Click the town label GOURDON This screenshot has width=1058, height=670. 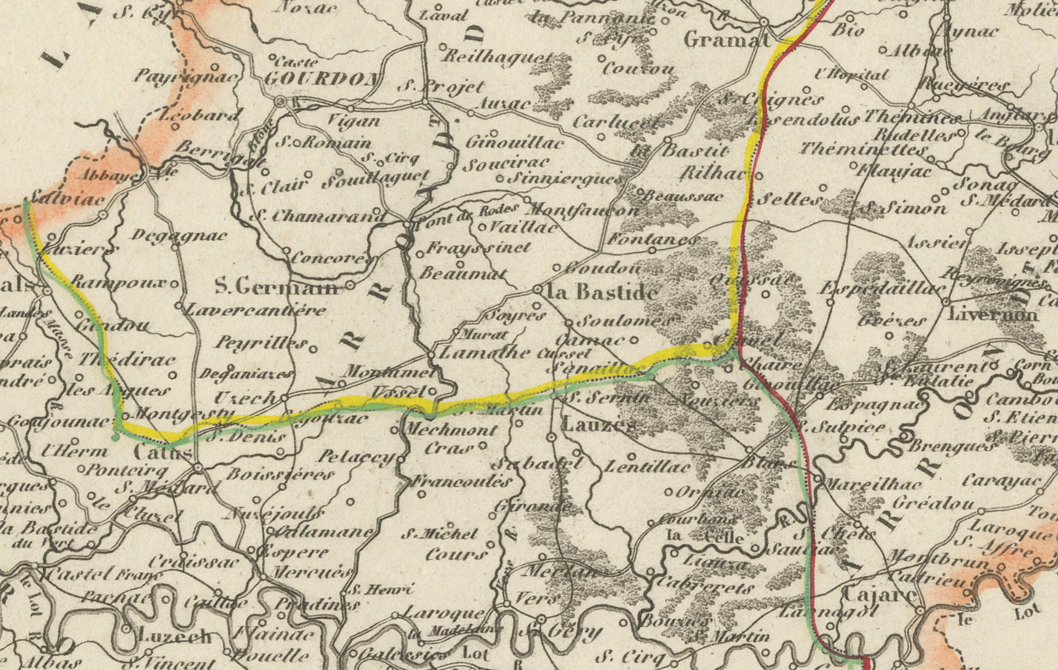(322, 79)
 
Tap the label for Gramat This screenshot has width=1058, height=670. (727, 41)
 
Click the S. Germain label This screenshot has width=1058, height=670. (277, 288)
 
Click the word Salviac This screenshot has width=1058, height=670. (68, 200)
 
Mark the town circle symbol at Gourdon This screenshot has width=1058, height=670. (281, 102)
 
